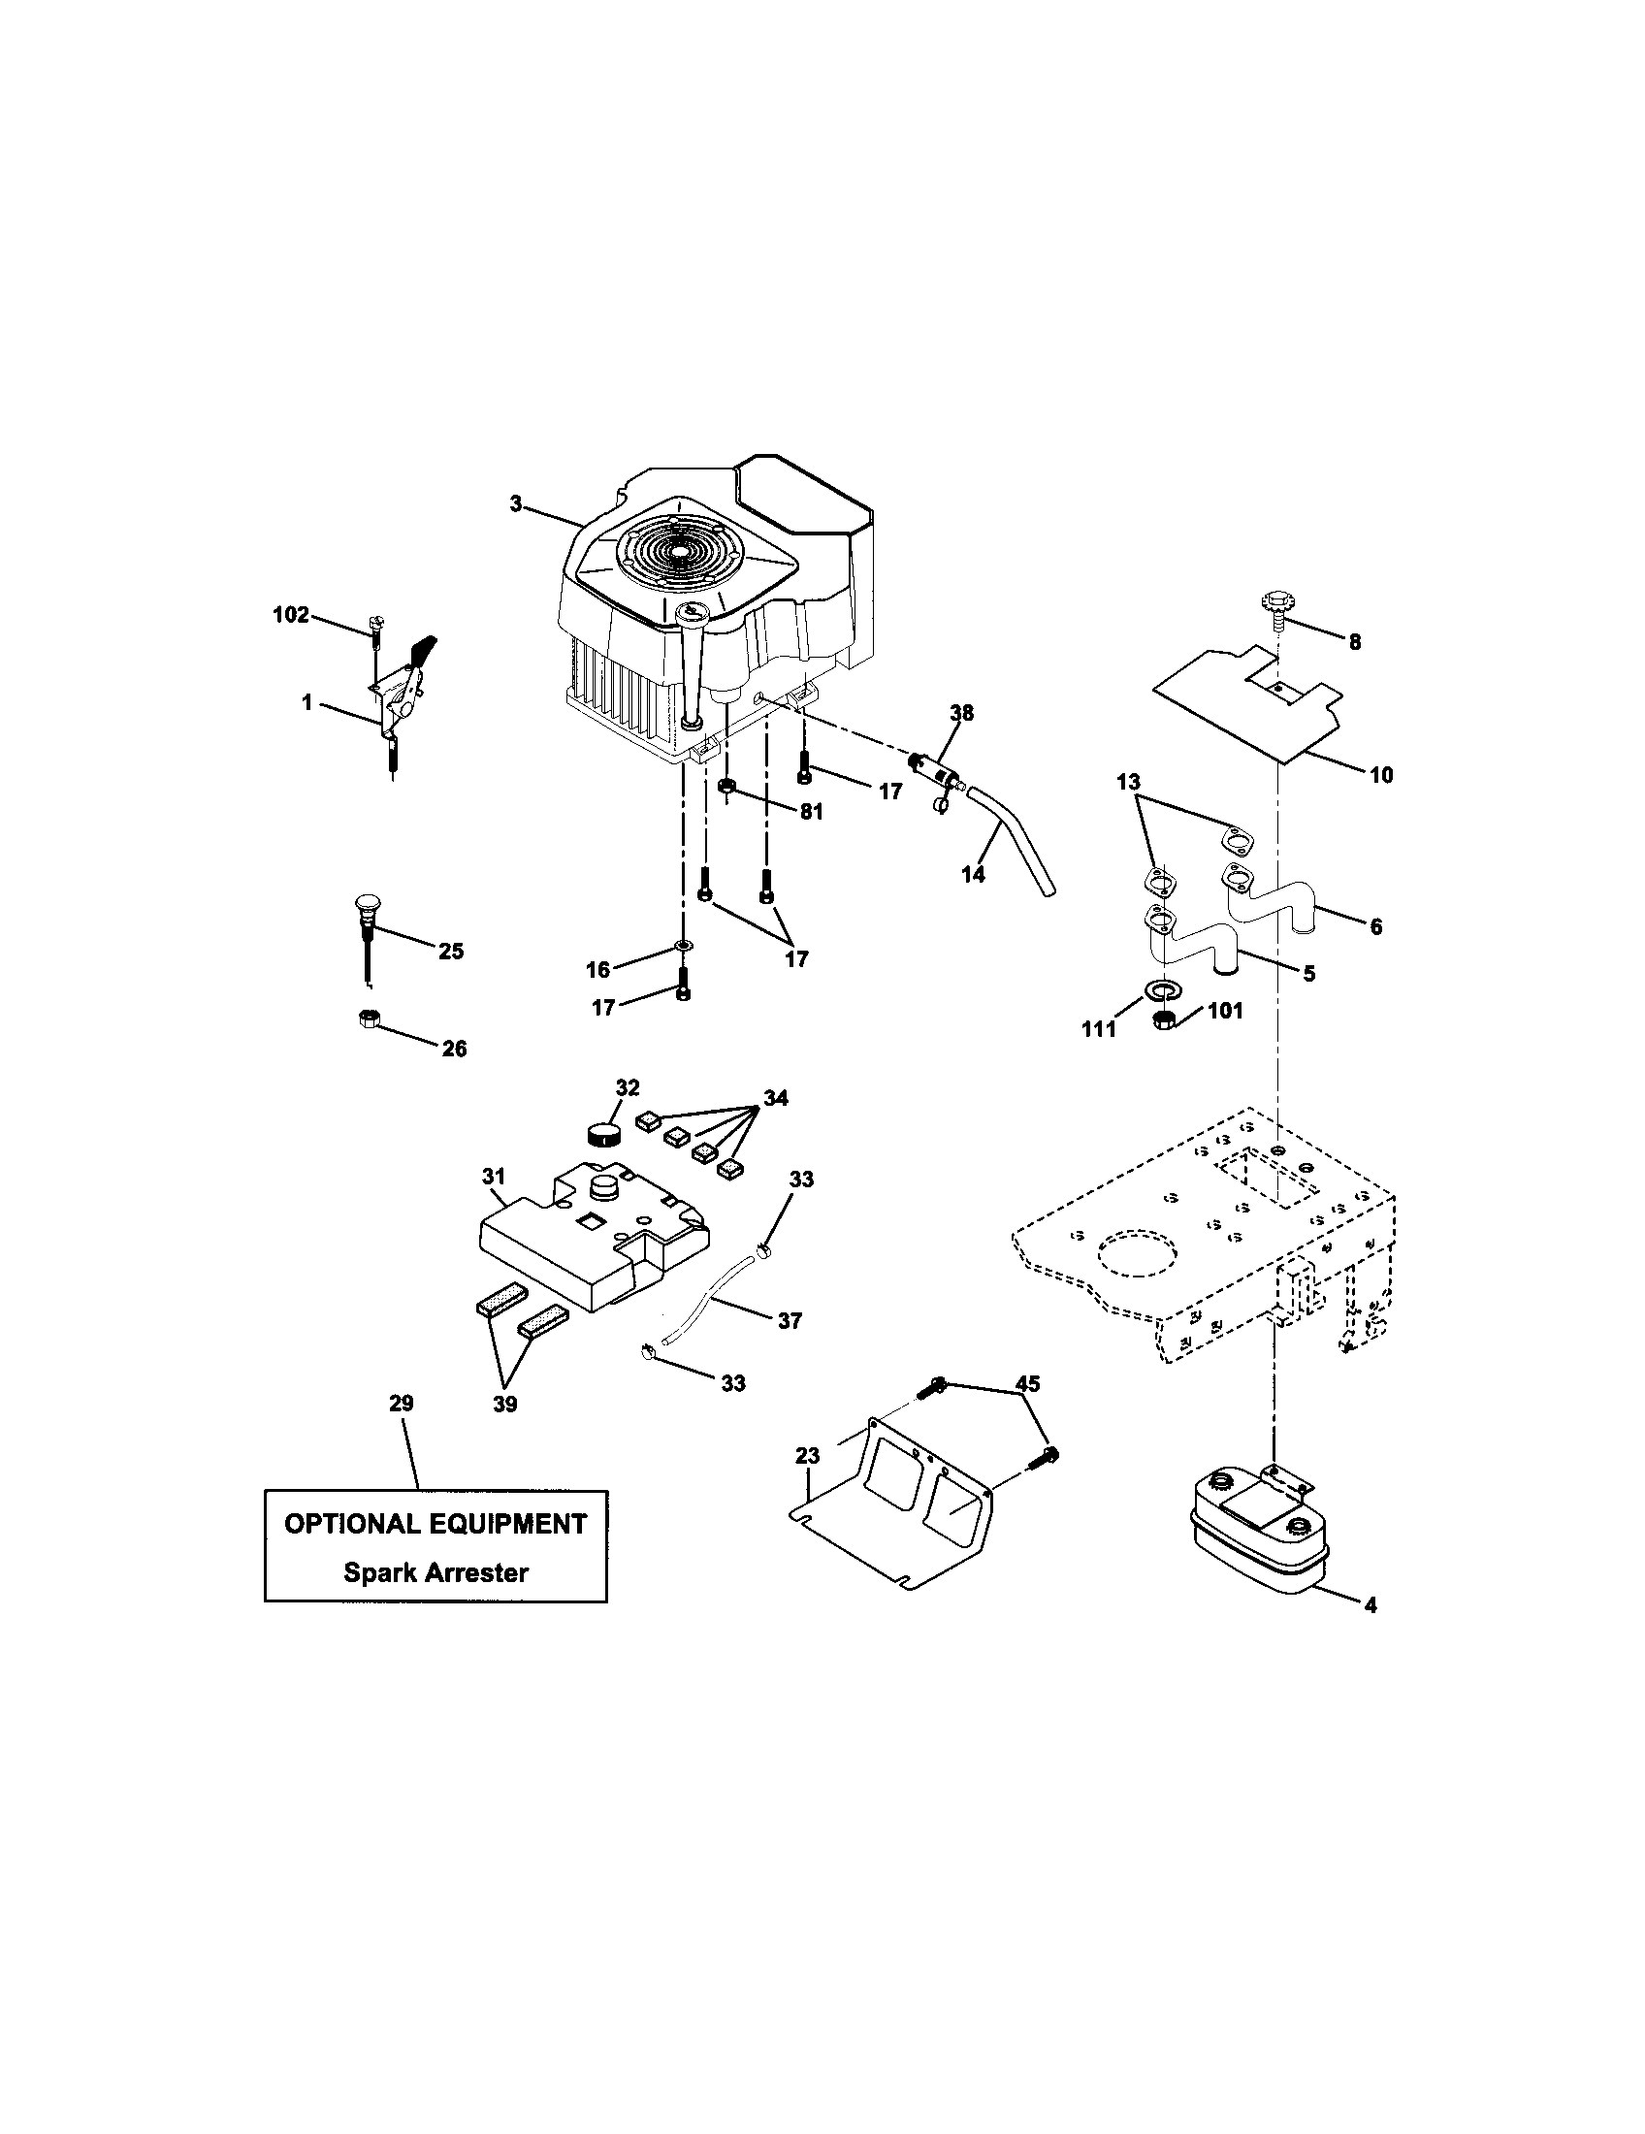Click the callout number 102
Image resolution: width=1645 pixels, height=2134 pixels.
tap(290, 615)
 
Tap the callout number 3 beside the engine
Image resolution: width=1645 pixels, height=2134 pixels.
tap(515, 504)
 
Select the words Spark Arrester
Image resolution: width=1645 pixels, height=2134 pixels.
tap(435, 1572)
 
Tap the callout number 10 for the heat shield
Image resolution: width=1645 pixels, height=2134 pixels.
tap(1381, 775)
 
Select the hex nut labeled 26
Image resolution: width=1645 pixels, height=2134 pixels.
tap(369, 1019)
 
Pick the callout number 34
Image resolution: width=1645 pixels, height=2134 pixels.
tap(775, 1098)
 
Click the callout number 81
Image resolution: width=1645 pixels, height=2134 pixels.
tap(811, 812)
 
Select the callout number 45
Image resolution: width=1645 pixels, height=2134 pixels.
tap(1026, 1383)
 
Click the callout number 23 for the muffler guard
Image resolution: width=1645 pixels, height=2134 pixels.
tap(807, 1456)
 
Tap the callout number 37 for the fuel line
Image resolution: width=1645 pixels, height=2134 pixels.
tap(790, 1321)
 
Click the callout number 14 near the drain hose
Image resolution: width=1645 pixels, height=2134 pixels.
tap(973, 875)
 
